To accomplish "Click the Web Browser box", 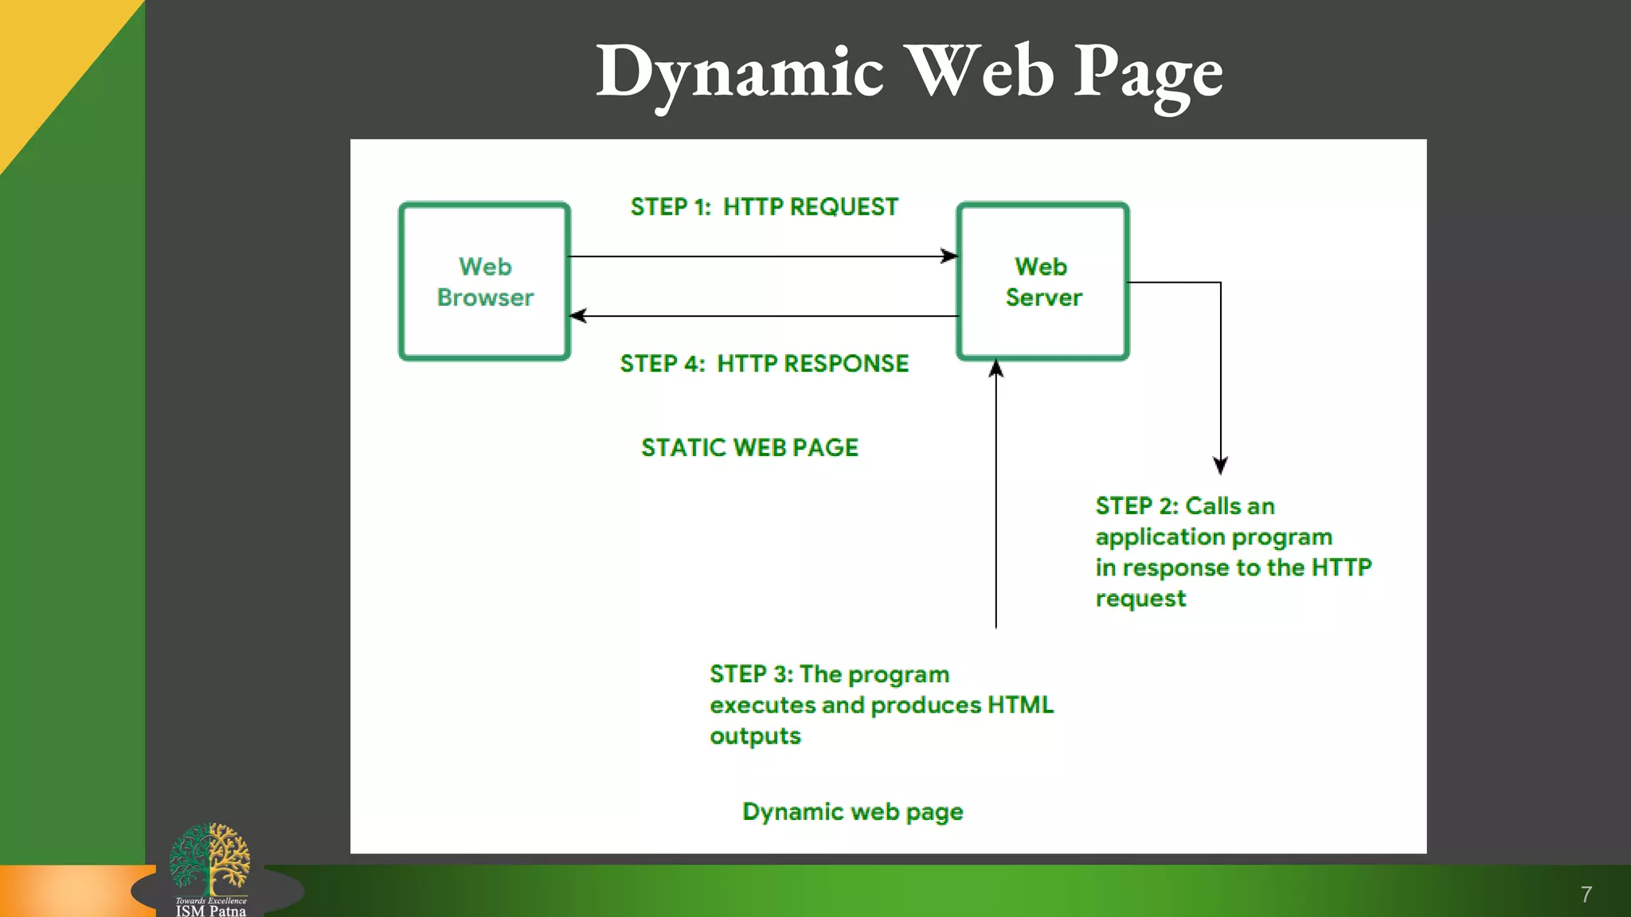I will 484,281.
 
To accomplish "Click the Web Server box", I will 1042,281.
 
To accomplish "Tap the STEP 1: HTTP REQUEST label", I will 764,207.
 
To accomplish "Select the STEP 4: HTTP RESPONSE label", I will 764,364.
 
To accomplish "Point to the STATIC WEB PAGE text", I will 749,447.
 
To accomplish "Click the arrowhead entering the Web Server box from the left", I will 950,256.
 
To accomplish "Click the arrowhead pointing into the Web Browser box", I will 579,316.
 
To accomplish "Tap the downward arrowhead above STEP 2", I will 1220,465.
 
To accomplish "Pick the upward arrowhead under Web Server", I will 995,369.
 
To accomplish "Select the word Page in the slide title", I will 1148,73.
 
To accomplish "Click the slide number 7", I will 1586,895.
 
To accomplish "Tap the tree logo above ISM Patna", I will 210,858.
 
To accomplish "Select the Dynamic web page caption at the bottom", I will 852,812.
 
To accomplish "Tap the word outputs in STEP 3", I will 755,736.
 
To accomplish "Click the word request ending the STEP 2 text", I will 1140,599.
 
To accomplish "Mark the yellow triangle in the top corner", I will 48,56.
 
